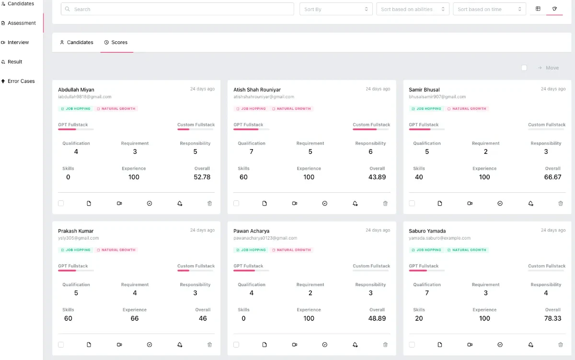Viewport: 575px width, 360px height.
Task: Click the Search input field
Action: tap(177, 9)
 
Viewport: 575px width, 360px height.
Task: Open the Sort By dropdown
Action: tap(336, 9)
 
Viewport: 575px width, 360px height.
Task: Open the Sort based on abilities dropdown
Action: tap(413, 9)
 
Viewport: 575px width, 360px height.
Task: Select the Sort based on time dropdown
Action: tap(489, 9)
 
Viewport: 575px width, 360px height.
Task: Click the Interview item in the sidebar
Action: tap(18, 43)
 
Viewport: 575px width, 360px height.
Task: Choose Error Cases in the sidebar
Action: tap(21, 81)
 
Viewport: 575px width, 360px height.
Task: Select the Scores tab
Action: tap(116, 43)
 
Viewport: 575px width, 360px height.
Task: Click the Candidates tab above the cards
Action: tap(77, 43)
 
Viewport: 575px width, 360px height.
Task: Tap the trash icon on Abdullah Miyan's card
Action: tap(209, 203)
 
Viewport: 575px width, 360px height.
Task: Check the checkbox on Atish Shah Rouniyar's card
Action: tap(236, 203)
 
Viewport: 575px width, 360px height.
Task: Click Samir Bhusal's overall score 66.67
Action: tap(552, 177)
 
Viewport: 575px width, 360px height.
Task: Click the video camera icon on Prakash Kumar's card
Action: tap(119, 345)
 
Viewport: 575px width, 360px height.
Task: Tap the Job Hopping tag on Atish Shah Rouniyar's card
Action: tap(251, 109)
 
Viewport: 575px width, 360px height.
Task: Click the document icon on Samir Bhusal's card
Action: tap(440, 203)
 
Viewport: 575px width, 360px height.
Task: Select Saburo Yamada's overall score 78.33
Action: tap(552, 318)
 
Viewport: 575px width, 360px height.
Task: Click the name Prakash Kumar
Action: tap(76, 231)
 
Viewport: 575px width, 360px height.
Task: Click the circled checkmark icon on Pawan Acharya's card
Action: tap(325, 345)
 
